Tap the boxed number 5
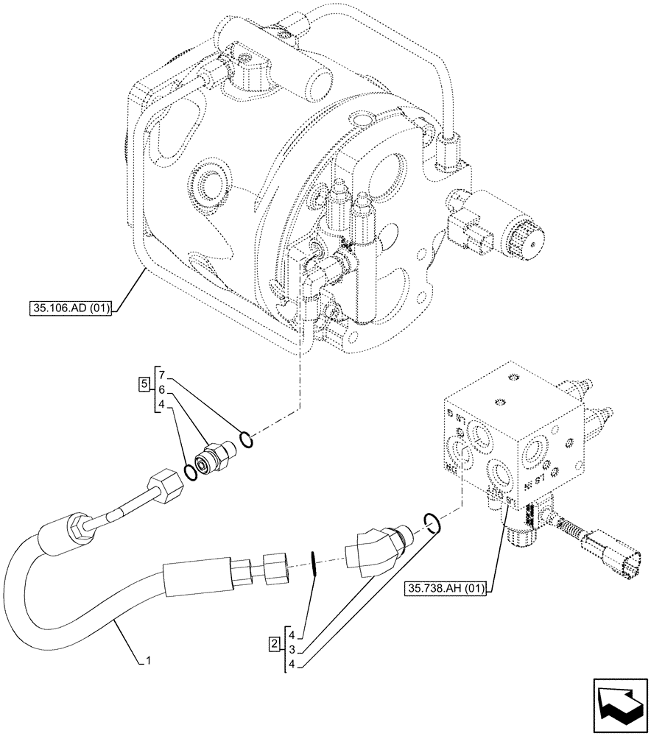(144, 383)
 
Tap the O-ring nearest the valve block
(433, 523)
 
